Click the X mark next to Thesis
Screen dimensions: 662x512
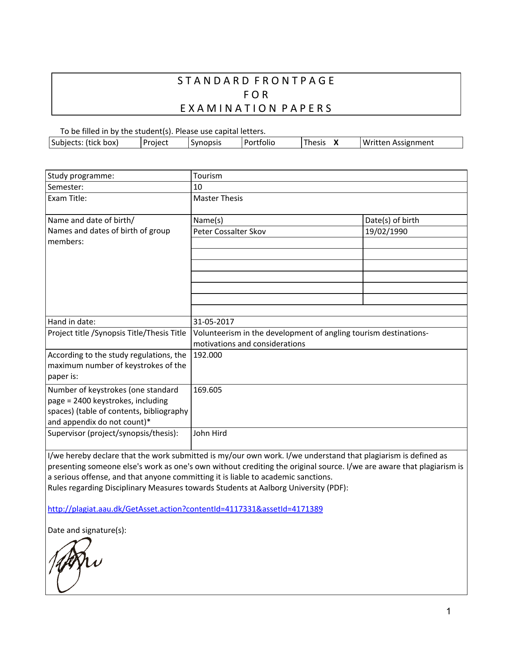point(336,143)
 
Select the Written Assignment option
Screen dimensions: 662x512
point(398,143)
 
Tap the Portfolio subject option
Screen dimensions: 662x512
point(259,143)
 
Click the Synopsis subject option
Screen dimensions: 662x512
point(206,143)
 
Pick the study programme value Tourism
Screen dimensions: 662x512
point(208,176)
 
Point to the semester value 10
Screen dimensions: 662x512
point(198,187)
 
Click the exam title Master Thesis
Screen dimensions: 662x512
point(218,198)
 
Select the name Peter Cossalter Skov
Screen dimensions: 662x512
point(229,232)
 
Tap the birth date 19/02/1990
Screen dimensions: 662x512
point(386,232)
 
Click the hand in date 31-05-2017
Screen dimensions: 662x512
point(214,322)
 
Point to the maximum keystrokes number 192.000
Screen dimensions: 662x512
point(208,355)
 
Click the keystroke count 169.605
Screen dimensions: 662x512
point(208,390)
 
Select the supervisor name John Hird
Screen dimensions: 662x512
point(210,433)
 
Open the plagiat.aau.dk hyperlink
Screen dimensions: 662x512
point(185,509)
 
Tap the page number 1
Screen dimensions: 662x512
point(449,611)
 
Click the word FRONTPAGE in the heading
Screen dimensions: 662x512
point(294,81)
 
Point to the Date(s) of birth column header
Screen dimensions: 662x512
point(392,221)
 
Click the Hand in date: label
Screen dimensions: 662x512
point(71,322)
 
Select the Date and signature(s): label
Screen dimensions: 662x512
point(87,530)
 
